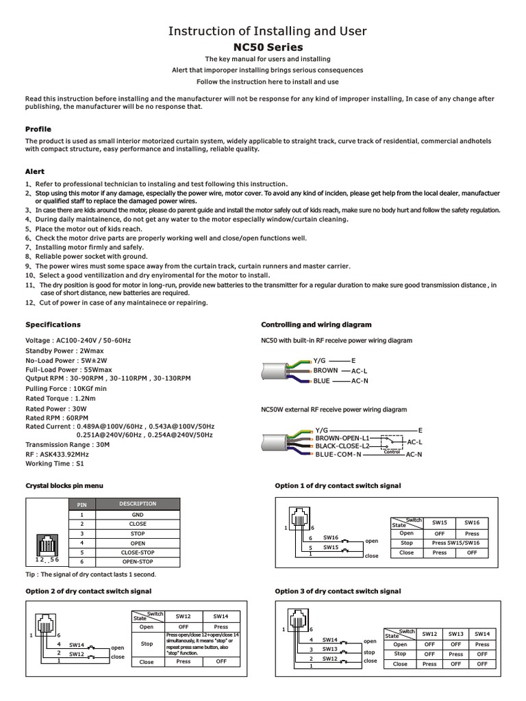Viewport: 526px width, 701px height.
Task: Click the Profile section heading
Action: coord(38,129)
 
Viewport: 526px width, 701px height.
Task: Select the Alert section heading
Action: coord(35,172)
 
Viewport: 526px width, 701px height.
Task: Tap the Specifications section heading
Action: coord(53,324)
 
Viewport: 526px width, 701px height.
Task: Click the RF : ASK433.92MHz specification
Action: coord(58,453)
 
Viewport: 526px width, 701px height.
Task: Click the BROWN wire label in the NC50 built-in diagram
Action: coord(325,370)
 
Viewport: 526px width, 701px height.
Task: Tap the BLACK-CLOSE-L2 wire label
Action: coord(342,446)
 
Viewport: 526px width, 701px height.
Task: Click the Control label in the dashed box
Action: coord(392,452)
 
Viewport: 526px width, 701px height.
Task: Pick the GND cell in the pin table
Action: coord(138,514)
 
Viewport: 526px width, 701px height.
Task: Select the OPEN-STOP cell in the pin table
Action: coord(138,562)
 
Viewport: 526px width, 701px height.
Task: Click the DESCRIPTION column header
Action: coord(138,504)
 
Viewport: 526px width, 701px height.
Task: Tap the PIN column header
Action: coord(82,505)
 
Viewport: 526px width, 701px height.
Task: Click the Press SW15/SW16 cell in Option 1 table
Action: coord(455,543)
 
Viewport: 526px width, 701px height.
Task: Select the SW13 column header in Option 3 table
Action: coord(456,634)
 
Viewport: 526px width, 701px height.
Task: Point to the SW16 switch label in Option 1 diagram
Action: coord(331,538)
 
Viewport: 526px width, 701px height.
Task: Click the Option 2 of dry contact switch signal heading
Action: coord(88,591)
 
